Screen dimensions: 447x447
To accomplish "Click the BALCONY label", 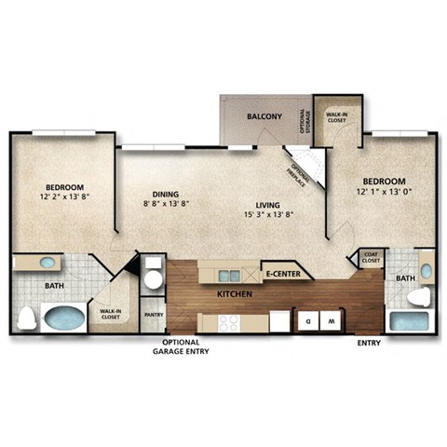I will [264, 116].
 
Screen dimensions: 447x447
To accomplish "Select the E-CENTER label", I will [282, 274].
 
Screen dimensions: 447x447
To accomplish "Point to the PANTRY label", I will [153, 315].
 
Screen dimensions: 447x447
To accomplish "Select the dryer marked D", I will [306, 320].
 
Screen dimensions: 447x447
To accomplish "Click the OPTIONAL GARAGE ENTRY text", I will [182, 347].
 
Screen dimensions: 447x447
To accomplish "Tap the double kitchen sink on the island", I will [227, 274].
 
